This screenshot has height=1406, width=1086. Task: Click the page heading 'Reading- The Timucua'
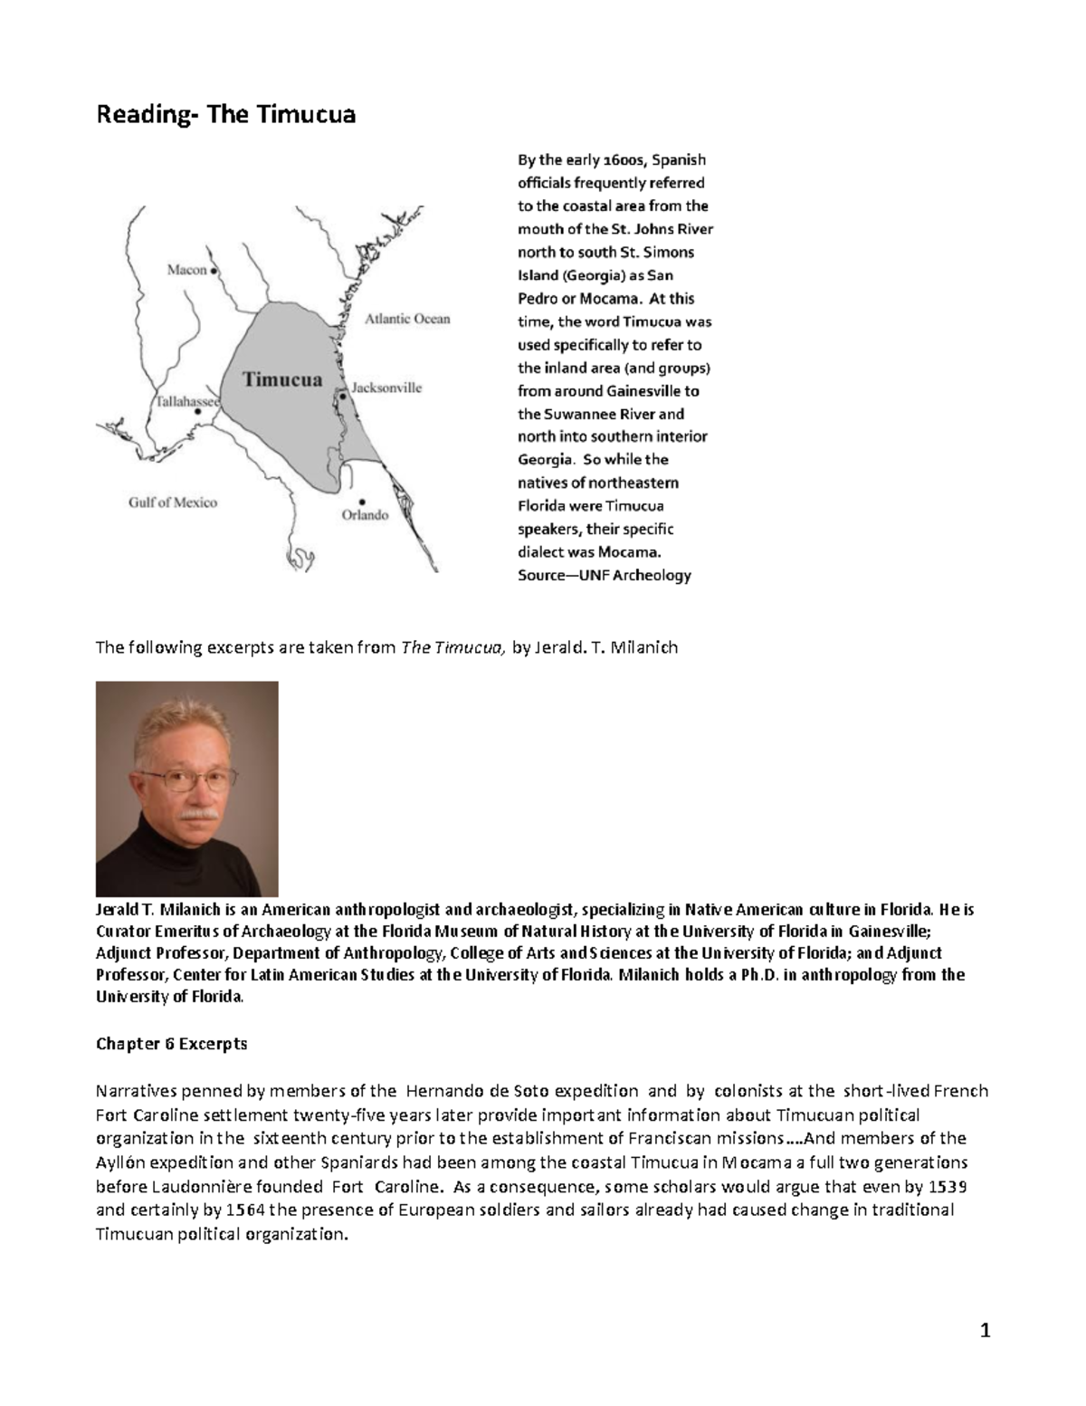226,115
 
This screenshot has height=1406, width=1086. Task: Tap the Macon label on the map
186,270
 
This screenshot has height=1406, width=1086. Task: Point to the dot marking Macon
214,271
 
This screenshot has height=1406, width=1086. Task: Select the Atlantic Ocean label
407,319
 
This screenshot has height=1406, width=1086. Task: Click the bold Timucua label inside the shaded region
282,380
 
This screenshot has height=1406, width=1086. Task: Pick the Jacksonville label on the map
386,387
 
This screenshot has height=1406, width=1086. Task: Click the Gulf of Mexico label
172,502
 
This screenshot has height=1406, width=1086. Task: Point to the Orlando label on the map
365,515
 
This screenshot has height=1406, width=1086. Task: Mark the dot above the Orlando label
362,501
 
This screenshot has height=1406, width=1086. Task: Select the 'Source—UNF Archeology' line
604,575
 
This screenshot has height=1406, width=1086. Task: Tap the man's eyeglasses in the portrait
186,779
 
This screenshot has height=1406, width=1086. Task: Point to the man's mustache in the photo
196,813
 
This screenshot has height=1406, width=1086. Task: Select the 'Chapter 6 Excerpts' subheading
171,1044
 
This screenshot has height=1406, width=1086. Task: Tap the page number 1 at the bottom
986,1331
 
